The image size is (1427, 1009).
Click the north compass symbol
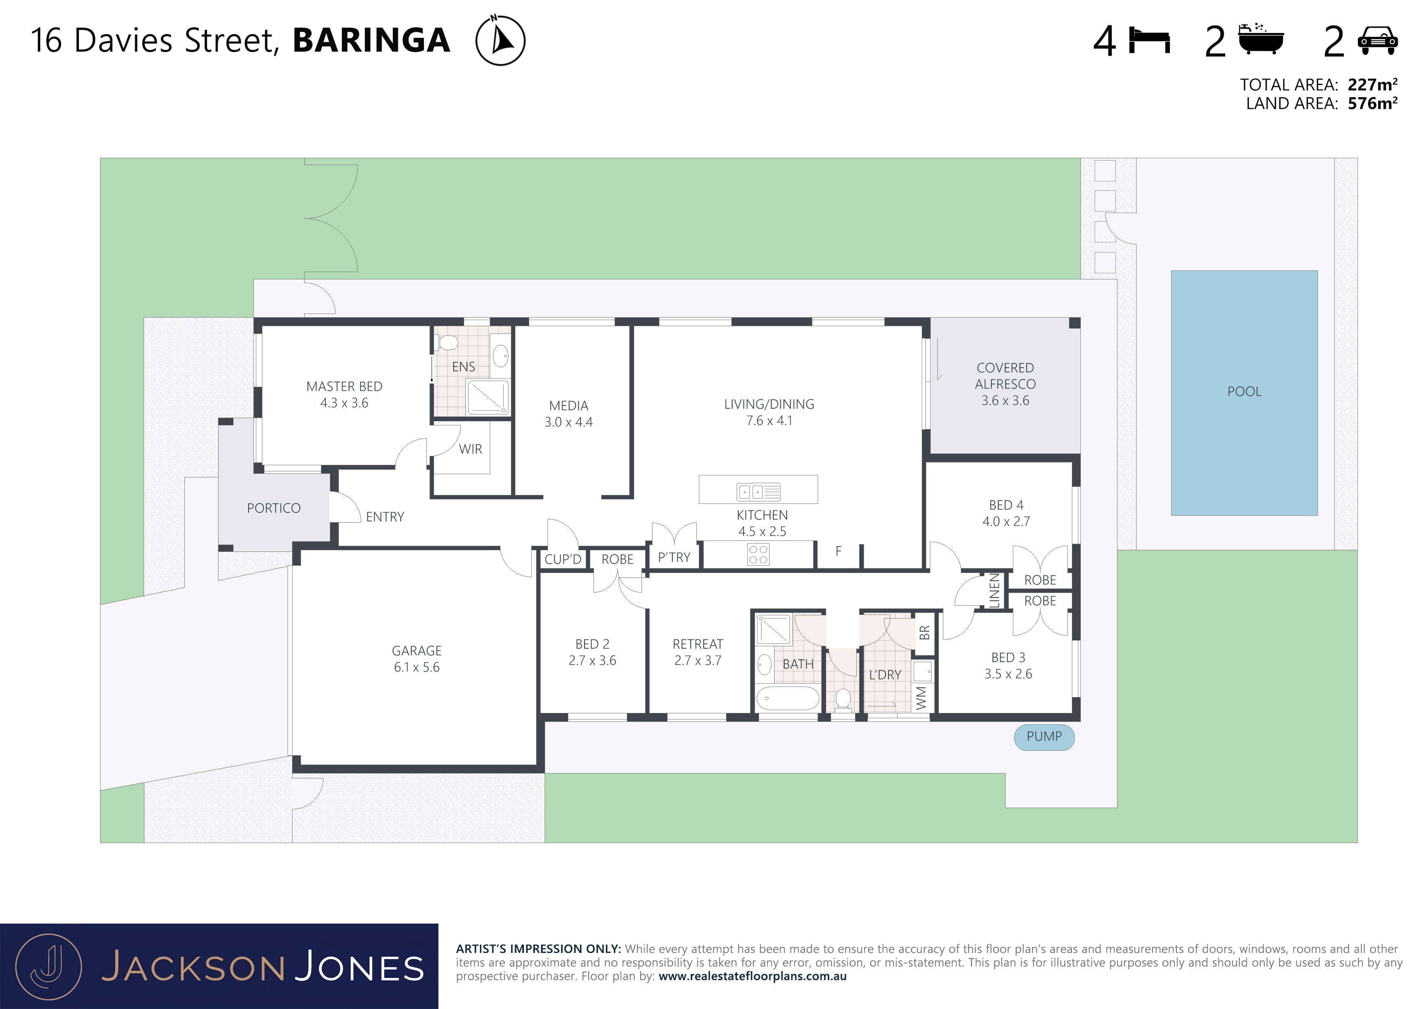pos(500,40)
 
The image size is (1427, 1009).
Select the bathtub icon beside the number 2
pos(1261,39)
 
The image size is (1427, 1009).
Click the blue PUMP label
pos(1044,737)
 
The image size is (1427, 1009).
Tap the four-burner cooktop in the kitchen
pos(758,554)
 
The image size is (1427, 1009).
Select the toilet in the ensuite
pos(447,342)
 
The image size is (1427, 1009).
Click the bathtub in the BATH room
pos(788,698)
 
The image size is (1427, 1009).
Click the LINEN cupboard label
pos(995,590)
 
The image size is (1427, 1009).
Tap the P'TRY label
pos(674,557)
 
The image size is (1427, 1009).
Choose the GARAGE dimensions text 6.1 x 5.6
pos(417,667)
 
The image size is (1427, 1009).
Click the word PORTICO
pos(273,508)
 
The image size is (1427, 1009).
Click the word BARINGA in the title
pos(372,40)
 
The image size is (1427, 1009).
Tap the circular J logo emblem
pos(48,968)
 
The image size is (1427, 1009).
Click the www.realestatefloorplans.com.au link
pos(753,976)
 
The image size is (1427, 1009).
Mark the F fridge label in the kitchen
pos(838,551)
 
